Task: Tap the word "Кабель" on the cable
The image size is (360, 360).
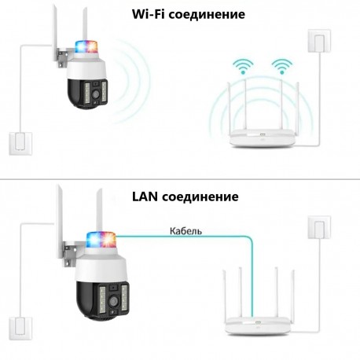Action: pos(186,231)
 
